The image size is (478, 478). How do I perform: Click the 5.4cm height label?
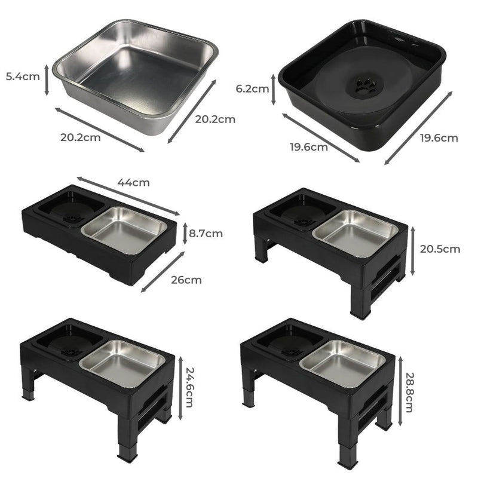pyautogui.click(x=22, y=78)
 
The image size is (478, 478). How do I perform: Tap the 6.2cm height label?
pyautogui.click(x=252, y=88)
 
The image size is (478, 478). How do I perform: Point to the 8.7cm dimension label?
pyautogui.click(x=206, y=233)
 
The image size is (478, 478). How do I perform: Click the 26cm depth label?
pyautogui.click(x=185, y=279)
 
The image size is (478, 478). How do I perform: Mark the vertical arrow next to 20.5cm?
pyautogui.click(x=412, y=251)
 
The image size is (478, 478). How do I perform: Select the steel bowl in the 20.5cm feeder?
pyautogui.click(x=356, y=231)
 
